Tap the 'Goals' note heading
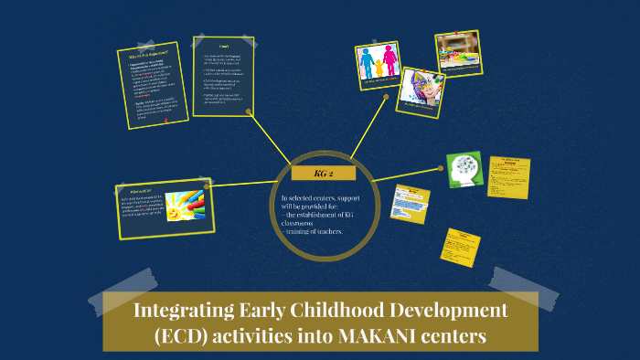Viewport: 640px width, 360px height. coord(223,46)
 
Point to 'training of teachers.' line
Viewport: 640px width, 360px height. coord(314,231)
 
